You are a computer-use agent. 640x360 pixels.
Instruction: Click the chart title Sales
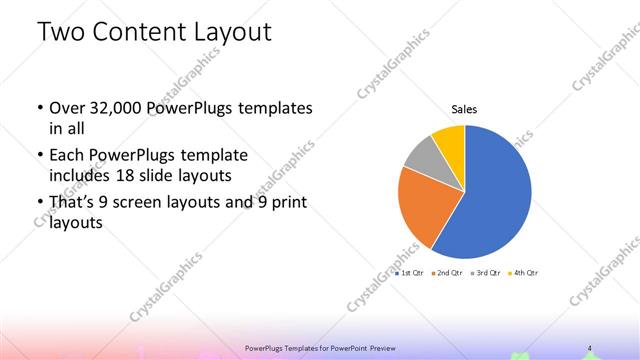pos(465,108)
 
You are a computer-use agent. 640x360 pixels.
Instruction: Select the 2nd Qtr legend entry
pos(448,272)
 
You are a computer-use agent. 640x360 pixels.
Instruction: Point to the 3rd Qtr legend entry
pos(486,272)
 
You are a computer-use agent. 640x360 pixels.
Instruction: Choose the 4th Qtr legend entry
pos(524,272)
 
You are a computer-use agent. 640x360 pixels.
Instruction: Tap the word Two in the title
pos(61,32)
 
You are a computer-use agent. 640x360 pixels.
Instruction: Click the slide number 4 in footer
pos(590,348)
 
